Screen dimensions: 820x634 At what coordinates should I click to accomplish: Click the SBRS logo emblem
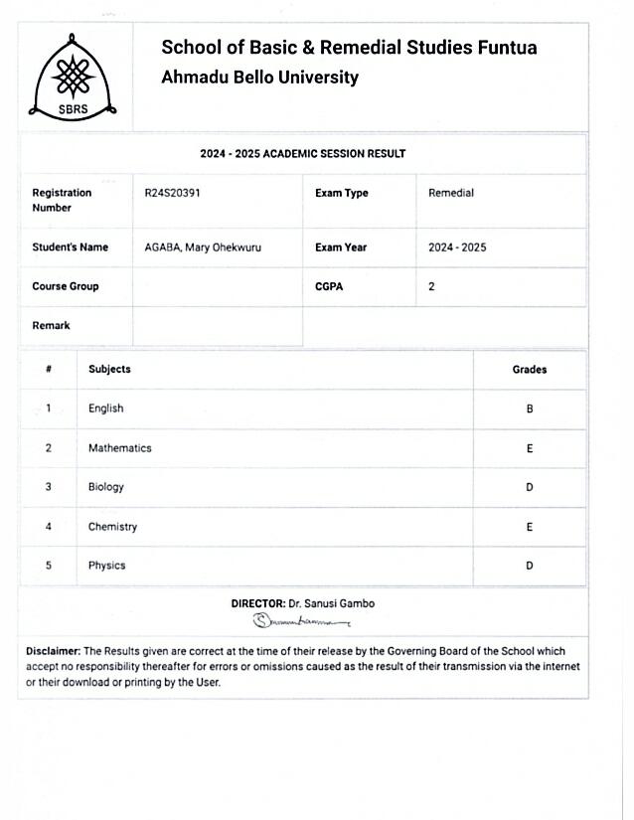coord(76,78)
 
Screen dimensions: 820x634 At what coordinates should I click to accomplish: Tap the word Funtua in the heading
coord(507,48)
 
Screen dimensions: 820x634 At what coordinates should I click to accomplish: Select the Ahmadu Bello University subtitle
coord(259,78)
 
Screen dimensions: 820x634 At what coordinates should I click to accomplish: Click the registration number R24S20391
coord(173,193)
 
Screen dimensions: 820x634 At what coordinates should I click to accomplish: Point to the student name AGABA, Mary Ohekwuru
coord(203,247)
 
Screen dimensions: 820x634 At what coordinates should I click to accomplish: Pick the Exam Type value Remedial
coord(450,193)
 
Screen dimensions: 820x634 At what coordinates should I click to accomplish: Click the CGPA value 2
coord(431,286)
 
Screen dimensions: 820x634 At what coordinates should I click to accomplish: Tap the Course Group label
coord(66,286)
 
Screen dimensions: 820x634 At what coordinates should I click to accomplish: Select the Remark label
coord(51,325)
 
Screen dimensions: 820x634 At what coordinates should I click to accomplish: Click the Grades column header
coord(529,369)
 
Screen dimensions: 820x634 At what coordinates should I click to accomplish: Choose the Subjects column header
coord(109,369)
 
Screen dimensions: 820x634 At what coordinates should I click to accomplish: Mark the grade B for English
coord(530,409)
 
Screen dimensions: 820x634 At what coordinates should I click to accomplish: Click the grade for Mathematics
coord(530,448)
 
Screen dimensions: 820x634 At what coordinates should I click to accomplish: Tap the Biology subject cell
coord(106,487)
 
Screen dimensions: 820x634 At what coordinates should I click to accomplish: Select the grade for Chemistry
coord(530,527)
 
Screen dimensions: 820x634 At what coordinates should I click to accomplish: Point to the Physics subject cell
coord(107,566)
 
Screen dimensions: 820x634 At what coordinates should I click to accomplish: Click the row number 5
coord(48,566)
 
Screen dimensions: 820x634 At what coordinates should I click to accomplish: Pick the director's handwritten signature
coord(301,621)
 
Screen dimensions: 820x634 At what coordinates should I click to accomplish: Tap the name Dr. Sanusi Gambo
coord(331,603)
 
